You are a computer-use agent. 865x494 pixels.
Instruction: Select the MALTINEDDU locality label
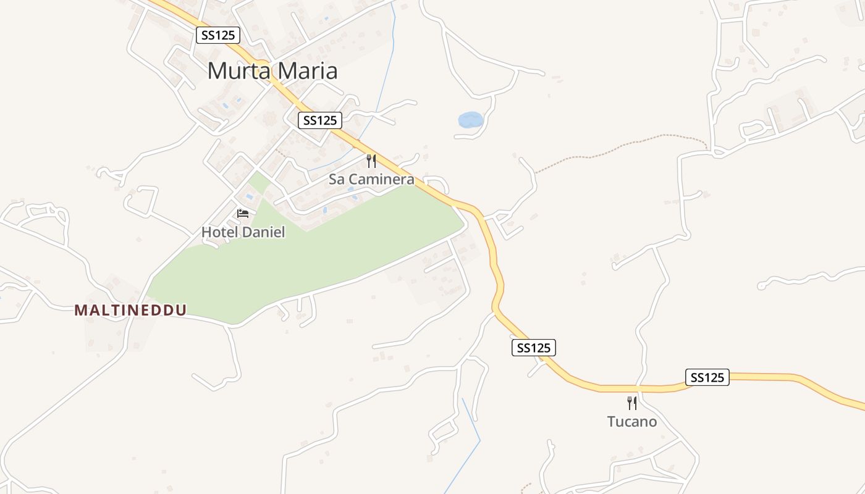coord(130,310)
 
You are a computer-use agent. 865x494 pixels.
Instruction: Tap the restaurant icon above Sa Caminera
coord(371,161)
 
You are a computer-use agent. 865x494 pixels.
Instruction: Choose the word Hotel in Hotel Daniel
coord(218,233)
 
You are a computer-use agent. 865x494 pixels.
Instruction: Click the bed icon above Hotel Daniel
coord(243,214)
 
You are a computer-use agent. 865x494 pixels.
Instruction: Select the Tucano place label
coord(631,422)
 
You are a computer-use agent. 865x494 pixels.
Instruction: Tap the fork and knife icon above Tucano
coord(631,403)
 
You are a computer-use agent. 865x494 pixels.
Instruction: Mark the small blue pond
coord(470,120)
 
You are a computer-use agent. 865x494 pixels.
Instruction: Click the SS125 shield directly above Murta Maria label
coord(218,35)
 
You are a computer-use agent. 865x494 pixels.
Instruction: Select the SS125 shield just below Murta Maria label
coord(319,120)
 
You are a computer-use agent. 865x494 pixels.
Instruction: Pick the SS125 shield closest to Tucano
coord(707,377)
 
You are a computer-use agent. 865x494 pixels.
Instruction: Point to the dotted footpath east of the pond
coord(618,148)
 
